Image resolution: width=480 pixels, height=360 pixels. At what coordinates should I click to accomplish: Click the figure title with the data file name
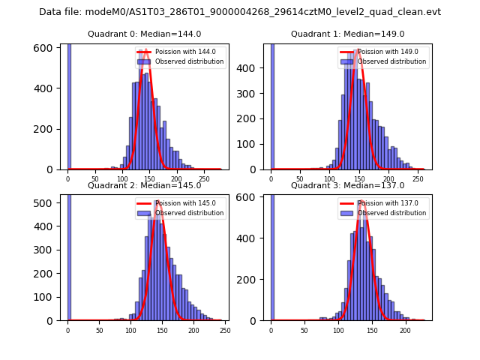click(240, 12)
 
